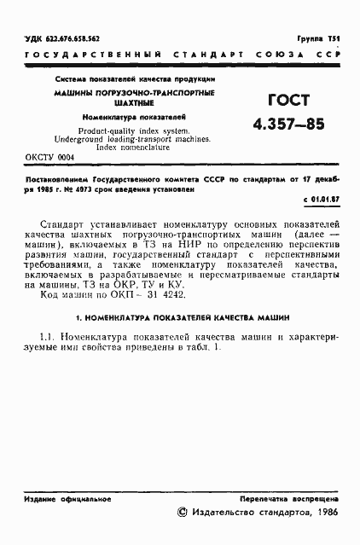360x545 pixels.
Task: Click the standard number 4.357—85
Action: coord(288,125)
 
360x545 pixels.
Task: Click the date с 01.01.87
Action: coord(322,199)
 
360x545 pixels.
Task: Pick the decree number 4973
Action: coord(93,189)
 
